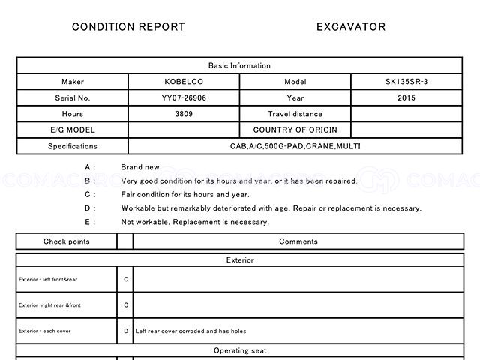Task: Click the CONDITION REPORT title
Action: point(128,27)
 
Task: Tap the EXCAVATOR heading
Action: point(351,27)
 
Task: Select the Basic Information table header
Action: point(240,66)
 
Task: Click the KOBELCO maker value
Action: point(184,82)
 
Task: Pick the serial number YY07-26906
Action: point(184,98)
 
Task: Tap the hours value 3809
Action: point(184,114)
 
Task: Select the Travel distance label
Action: point(295,114)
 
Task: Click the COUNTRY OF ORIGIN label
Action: point(295,130)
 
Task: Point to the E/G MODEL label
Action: point(73,130)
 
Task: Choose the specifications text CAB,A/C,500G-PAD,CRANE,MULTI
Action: point(295,146)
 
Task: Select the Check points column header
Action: point(66,241)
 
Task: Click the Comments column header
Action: point(298,241)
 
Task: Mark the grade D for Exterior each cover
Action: point(126,331)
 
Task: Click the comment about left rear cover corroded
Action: point(190,331)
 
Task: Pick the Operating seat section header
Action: point(240,350)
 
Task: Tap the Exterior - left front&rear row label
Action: point(48,280)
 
